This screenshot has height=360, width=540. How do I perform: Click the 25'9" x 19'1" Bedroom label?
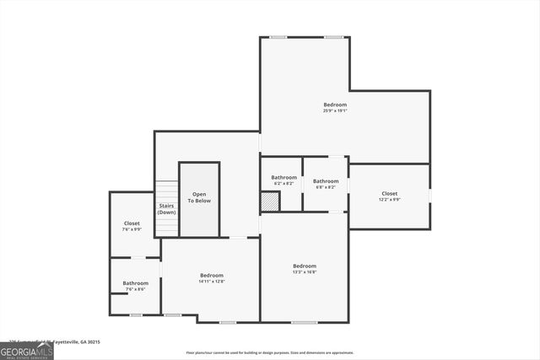point(335,105)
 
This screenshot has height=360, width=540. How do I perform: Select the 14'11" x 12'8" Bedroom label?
point(212,282)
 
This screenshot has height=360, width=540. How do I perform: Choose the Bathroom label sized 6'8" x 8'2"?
point(326,181)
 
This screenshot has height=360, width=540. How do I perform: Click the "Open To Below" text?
point(199,198)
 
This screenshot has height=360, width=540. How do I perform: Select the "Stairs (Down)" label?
point(167,209)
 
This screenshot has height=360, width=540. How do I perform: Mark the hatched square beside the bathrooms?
point(269,202)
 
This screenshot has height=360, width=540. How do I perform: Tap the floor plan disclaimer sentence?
point(270,353)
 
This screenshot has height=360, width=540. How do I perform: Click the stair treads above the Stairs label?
point(166,191)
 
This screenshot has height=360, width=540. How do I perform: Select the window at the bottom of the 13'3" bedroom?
point(305,322)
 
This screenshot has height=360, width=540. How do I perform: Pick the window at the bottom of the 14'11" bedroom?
point(228,322)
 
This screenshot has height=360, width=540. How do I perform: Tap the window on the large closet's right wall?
point(430,196)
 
